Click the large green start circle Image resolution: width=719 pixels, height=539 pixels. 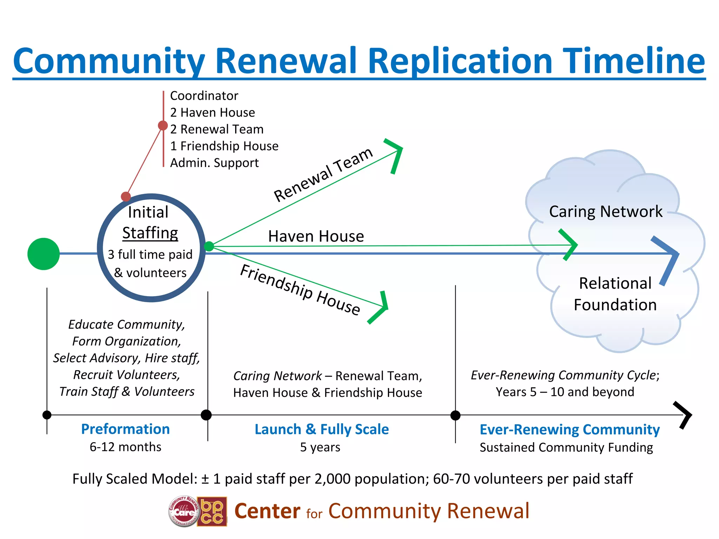44,254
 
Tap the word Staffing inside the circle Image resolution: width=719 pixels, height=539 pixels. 150,233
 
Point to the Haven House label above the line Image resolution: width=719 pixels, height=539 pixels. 316,236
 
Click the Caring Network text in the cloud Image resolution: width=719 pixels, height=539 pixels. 606,212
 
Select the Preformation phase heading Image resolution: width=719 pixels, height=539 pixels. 125,429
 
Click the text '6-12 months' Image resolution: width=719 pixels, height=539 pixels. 125,447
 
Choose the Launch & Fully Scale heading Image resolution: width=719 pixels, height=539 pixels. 322,429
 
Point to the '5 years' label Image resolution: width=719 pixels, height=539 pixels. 320,447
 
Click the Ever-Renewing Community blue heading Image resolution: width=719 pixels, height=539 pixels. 569,430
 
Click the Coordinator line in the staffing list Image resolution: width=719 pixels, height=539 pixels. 204,95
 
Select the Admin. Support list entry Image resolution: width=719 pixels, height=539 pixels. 214,163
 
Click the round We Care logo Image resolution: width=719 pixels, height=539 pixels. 184,511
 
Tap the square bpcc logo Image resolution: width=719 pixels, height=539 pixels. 212,511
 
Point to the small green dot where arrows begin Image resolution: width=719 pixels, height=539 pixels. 209,246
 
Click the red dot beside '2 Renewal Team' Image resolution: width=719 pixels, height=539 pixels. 163,125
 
